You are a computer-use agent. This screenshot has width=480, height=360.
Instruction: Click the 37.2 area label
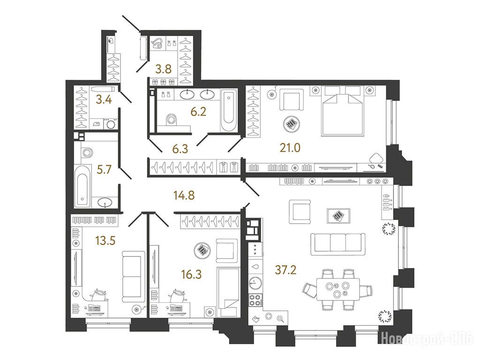tap(285, 270)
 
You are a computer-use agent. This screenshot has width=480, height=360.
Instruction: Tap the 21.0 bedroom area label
tap(290, 148)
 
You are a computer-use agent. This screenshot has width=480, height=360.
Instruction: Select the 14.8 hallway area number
tap(184, 195)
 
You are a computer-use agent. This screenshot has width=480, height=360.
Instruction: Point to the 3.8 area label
tap(164, 69)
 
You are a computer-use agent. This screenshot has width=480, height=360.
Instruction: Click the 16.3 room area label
tap(191, 274)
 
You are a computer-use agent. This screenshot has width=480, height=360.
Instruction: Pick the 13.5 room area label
tap(105, 241)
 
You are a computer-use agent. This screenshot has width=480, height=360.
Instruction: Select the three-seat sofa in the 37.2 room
tap(338, 244)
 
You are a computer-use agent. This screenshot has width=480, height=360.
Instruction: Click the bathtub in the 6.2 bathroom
tap(229, 111)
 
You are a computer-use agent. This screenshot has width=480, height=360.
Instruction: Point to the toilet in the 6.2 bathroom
tap(171, 120)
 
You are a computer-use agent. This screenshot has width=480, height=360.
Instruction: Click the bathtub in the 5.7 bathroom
tap(82, 186)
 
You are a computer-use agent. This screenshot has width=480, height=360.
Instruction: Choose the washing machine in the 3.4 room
tap(111, 124)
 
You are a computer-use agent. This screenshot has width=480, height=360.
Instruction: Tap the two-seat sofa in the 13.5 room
tap(134, 277)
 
